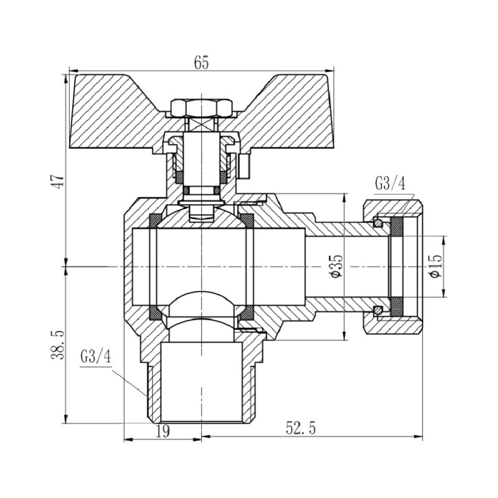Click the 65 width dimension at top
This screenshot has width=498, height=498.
(x=201, y=63)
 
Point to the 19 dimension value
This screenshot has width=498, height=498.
(x=162, y=430)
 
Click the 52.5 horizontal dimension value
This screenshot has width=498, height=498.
(x=301, y=428)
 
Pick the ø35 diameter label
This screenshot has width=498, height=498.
(x=337, y=266)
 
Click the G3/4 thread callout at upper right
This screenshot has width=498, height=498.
(x=390, y=184)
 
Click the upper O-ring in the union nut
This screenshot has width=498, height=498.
(x=377, y=222)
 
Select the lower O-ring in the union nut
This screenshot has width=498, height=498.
(x=377, y=309)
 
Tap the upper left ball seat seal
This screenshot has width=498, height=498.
(x=154, y=220)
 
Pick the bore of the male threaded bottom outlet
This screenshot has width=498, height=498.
(x=201, y=380)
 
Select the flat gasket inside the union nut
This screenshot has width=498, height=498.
(x=396, y=266)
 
